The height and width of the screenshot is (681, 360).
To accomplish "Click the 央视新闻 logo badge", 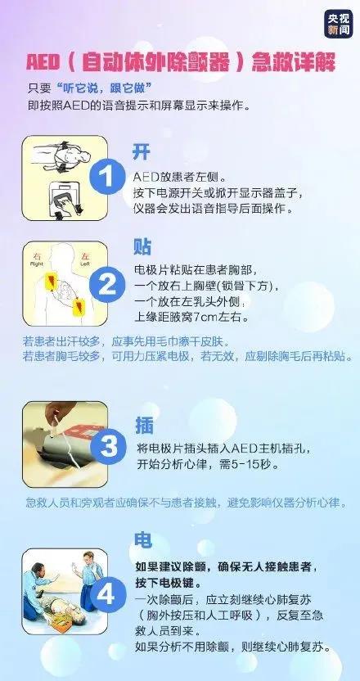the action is pyautogui.click(x=338, y=24).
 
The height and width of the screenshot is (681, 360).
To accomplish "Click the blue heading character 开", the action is pyautogui.click(x=142, y=152).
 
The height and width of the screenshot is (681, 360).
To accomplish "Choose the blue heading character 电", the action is pyautogui.click(x=143, y=541).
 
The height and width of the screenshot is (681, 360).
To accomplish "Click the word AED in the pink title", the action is pyautogui.click(x=43, y=63).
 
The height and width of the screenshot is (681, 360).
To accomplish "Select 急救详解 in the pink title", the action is pyautogui.click(x=294, y=63).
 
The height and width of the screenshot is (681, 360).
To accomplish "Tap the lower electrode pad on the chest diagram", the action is pyautogui.click(x=80, y=307).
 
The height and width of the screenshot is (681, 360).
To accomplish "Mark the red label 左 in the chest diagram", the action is pyautogui.click(x=84, y=257).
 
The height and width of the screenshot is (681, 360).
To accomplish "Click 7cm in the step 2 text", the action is pyautogui.click(x=203, y=318).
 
